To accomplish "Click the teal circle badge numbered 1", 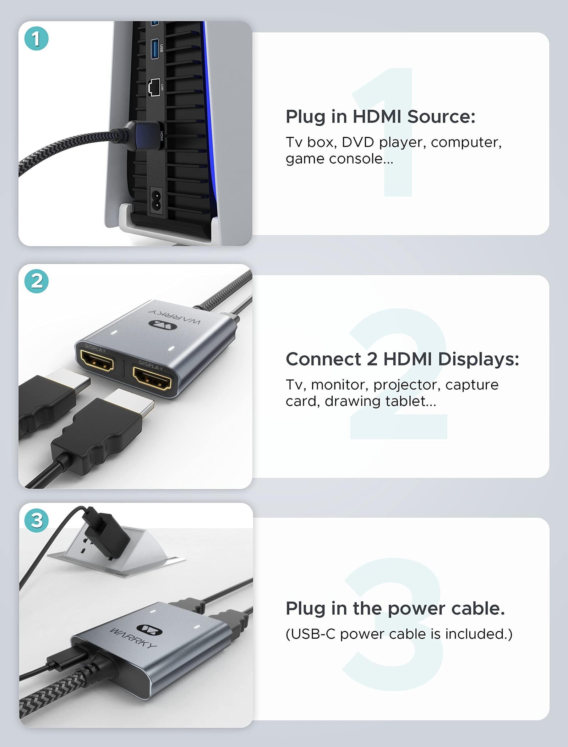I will (x=36, y=38).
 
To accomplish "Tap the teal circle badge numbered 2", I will (x=37, y=281).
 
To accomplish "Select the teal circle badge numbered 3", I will (x=37, y=521).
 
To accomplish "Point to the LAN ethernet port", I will (x=155, y=87).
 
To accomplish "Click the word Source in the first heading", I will (x=441, y=116).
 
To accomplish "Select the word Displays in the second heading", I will (x=478, y=359).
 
